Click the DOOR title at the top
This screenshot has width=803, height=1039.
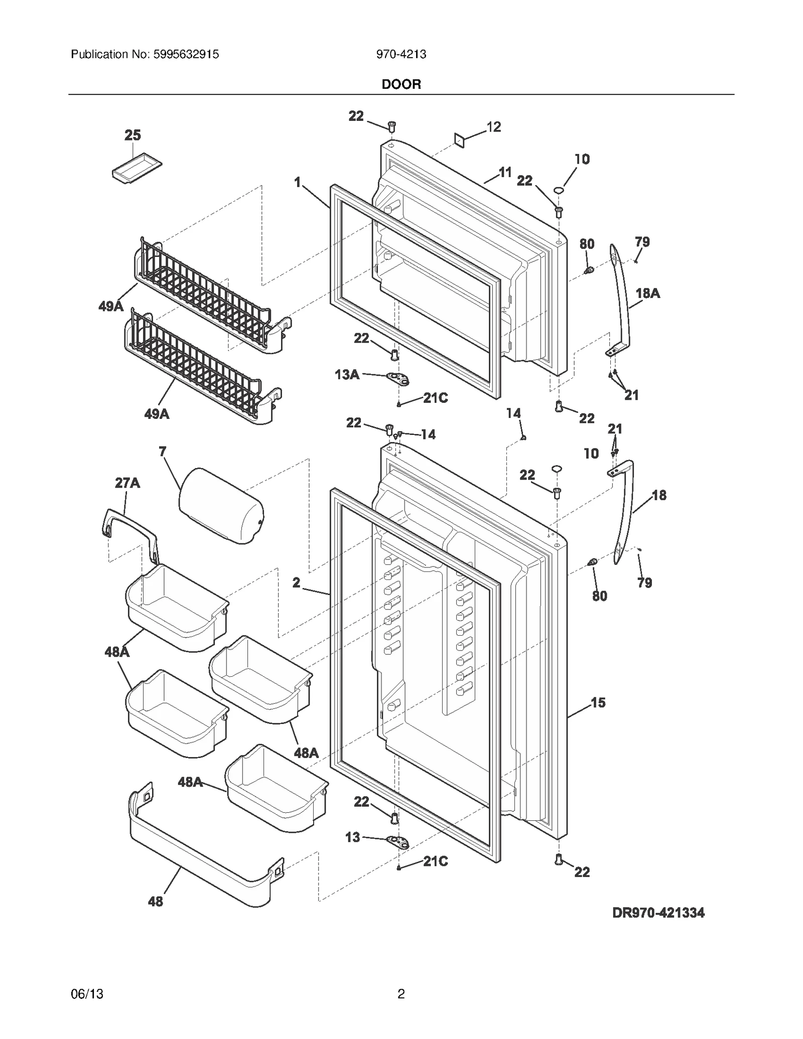401,84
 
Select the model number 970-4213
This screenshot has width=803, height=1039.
401,54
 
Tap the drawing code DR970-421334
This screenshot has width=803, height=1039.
658,913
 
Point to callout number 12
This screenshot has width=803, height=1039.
494,127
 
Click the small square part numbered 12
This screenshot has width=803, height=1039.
459,140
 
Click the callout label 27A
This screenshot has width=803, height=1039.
127,483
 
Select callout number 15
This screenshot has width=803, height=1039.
598,702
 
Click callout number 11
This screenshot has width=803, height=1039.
505,172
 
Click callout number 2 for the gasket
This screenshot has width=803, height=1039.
297,582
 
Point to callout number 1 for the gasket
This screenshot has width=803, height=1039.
298,182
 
